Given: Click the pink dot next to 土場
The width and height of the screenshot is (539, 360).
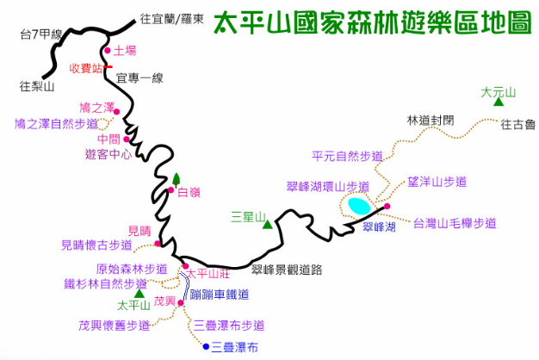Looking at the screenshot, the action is pos(108,51).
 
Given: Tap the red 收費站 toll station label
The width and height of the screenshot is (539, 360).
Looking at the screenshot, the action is pos(86,68).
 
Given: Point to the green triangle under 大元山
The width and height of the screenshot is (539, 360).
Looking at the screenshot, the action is pos(499,102).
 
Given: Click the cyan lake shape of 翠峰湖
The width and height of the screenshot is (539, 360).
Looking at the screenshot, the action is pos(359,206).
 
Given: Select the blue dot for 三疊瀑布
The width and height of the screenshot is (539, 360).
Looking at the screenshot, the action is pos(206,346).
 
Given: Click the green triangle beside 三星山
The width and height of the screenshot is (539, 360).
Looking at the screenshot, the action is pos(268,225).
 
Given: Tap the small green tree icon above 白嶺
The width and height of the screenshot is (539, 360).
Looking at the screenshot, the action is pos(177,179).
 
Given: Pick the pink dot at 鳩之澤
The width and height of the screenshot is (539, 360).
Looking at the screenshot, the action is pos(116,112).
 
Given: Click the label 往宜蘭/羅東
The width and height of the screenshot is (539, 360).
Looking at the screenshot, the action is pos(172,19).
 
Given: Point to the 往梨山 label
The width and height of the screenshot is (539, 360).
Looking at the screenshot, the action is pos(37,86).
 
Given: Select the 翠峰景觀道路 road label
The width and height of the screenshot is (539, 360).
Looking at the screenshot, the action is pos(287,270).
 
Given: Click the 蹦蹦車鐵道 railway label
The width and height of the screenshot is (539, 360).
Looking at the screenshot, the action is pos(220,295).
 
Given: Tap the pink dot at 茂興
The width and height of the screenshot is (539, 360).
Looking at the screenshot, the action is pos(181,303).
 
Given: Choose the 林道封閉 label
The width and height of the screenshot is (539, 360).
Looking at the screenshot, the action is pos(431,121).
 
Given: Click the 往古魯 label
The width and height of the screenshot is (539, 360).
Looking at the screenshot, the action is pos(518,125).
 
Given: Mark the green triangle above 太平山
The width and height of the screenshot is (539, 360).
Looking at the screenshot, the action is pos(139,294).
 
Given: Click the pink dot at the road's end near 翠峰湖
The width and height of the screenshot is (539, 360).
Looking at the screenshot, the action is pos(387,207).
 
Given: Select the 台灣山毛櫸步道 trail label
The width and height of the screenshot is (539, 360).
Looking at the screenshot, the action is pos(455,224).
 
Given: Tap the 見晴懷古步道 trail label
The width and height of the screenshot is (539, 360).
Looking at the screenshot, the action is pos(96,245).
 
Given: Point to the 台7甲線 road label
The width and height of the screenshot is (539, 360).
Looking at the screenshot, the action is pos(41,34).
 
